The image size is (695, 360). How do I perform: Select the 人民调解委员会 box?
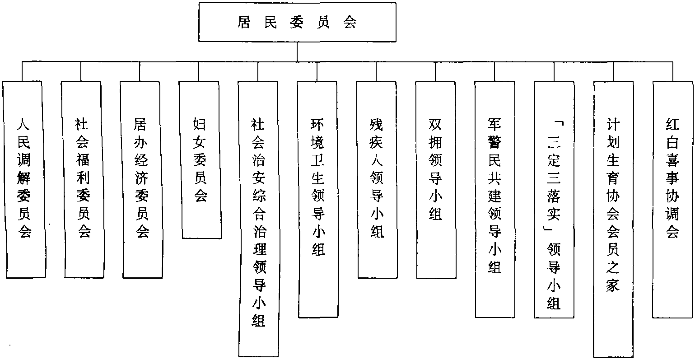(24, 178)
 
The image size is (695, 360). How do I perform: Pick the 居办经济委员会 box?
(142, 178)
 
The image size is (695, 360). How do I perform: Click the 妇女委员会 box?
(201, 159)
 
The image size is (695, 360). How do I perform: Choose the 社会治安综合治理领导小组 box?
(259, 219)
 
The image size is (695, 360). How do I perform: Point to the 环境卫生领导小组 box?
(318, 199)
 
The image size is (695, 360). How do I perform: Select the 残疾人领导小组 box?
(377, 178)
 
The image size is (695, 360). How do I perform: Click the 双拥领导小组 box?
(435, 178)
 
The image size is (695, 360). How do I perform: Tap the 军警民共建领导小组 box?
(495, 199)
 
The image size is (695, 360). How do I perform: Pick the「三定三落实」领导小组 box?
(554, 199)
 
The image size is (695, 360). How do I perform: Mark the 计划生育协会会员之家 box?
(613, 219)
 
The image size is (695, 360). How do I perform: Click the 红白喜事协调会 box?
(673, 199)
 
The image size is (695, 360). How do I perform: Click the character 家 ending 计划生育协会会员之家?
(613, 285)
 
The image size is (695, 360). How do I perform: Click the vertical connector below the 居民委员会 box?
(298, 51)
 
